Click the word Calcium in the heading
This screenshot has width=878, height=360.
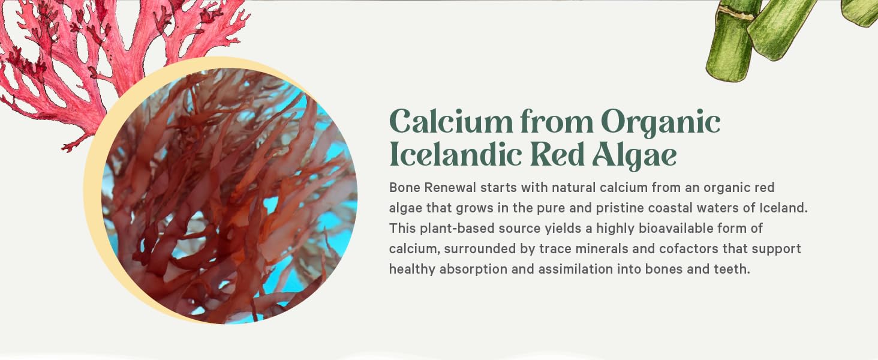tap(450, 122)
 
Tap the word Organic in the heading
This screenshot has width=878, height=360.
tap(660, 123)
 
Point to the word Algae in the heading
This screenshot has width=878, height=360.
tap(635, 155)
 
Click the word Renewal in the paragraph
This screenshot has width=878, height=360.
tap(450, 187)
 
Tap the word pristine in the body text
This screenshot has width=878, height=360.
tap(603, 208)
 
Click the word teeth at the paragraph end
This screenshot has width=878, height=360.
tap(732, 269)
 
